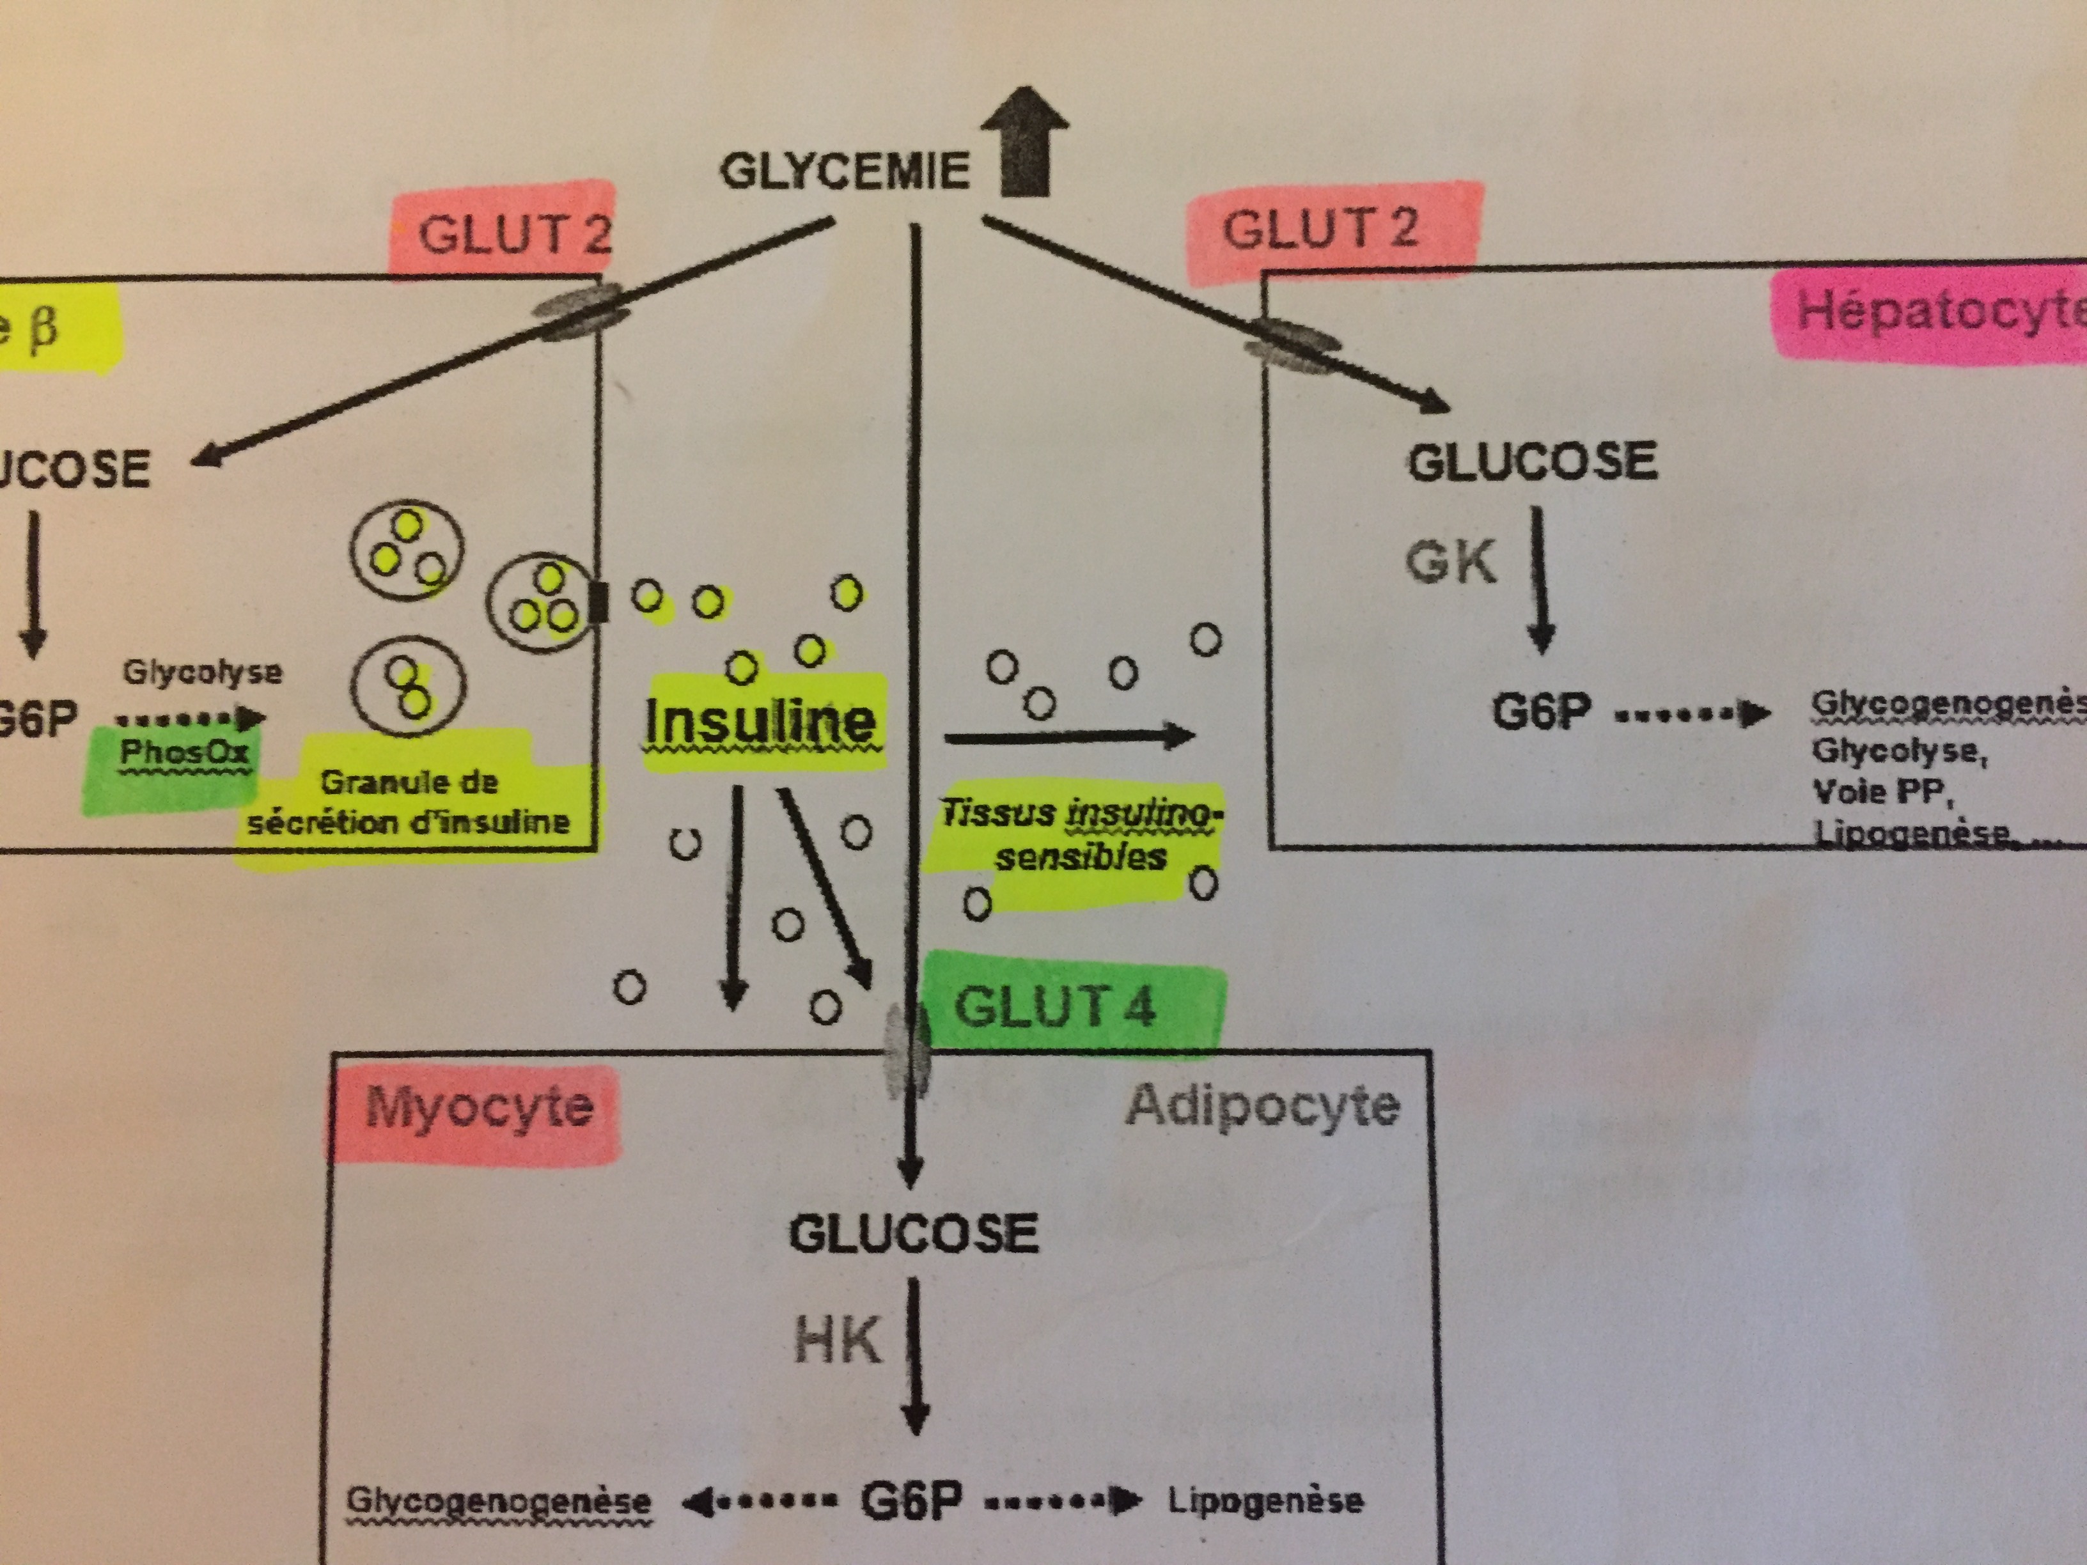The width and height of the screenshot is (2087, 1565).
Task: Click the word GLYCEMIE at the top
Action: coord(845,172)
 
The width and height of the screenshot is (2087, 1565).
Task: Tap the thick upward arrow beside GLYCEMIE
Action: coord(1024,141)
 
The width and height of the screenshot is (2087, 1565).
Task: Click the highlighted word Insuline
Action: coord(760,722)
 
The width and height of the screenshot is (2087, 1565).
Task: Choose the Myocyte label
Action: coord(478,1107)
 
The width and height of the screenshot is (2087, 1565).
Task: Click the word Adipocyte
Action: coord(1262,1105)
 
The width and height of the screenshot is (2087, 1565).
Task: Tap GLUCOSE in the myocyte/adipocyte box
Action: coord(913,1234)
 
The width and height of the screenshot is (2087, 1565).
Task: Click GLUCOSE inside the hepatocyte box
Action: coord(1532,462)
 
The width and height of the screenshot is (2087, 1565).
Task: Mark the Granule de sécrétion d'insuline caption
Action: coord(409,802)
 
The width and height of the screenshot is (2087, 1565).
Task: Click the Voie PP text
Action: coord(1881,791)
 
